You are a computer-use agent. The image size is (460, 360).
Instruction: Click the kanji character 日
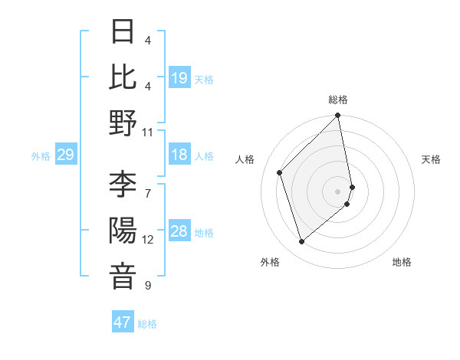[x=123, y=31]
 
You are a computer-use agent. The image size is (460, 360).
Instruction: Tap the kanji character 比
[x=123, y=77]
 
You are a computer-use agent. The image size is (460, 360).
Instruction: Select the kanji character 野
[x=123, y=123]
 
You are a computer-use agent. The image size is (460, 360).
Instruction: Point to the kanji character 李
[x=123, y=185]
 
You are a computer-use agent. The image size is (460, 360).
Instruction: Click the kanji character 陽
[x=123, y=231]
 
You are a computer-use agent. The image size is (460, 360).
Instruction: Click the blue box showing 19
[x=179, y=77]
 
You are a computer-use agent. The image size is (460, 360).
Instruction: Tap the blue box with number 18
[x=179, y=155]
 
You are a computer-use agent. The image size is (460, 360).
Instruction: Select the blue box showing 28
[x=179, y=232]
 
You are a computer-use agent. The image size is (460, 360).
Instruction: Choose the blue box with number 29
[x=65, y=155]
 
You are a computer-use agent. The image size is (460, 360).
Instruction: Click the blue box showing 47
[x=123, y=322]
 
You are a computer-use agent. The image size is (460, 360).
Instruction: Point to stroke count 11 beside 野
[x=148, y=132]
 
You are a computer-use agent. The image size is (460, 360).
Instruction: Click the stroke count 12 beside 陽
[x=148, y=240]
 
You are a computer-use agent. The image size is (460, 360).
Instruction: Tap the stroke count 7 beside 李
[x=148, y=185]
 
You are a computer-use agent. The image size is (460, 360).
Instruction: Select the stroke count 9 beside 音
[x=148, y=286]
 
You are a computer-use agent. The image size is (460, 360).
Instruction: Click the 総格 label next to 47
[x=147, y=324]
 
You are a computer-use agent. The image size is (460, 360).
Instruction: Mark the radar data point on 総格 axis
[x=338, y=116]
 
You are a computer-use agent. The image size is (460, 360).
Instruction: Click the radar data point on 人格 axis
[x=280, y=172]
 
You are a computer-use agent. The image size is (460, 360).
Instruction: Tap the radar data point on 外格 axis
[x=302, y=242]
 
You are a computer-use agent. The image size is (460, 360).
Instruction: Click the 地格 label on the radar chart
[x=402, y=262]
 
